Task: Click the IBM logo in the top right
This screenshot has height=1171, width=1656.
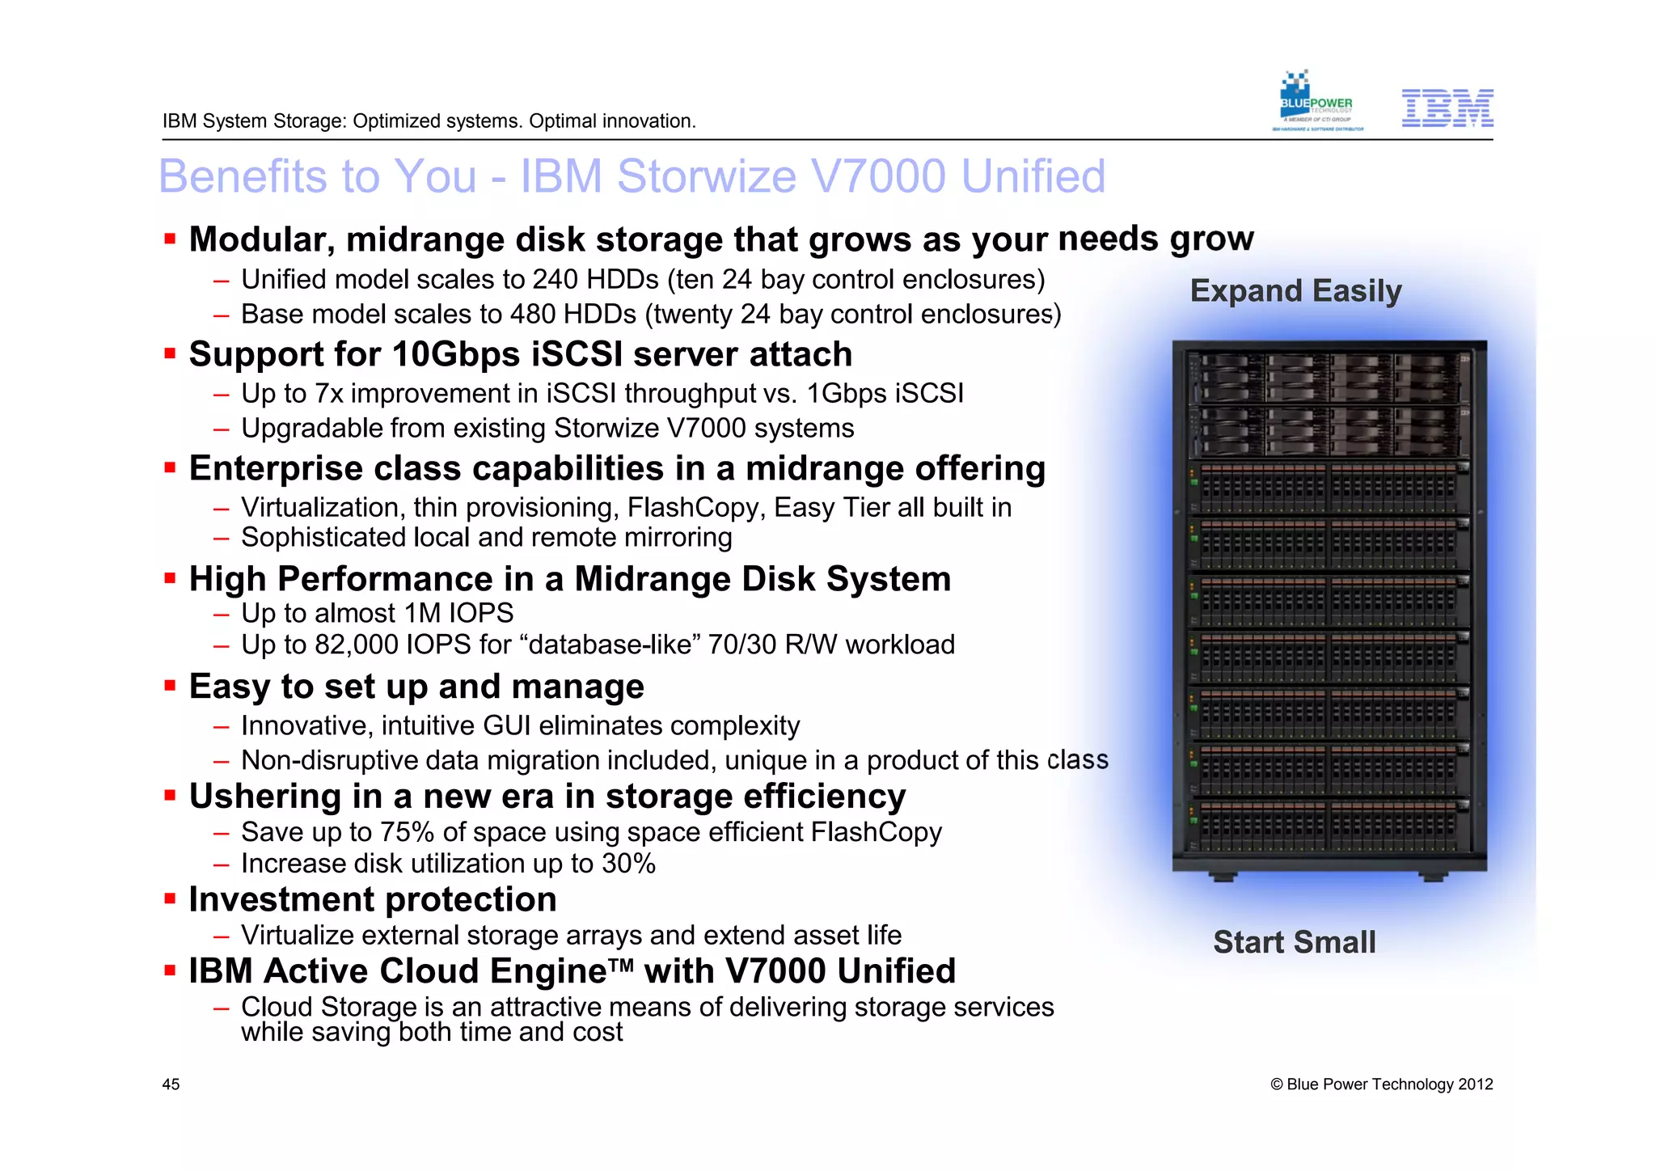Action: pos(1447,108)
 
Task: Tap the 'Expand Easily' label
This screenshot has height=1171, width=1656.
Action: pos(1295,290)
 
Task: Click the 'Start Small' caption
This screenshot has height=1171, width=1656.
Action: pos(1294,942)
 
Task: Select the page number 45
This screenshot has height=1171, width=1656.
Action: pos(171,1084)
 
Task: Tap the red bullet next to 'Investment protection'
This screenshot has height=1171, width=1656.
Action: pos(170,899)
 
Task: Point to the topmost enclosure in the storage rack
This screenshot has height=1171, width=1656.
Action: pos(1329,378)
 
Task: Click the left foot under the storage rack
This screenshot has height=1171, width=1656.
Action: pos(1223,876)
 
